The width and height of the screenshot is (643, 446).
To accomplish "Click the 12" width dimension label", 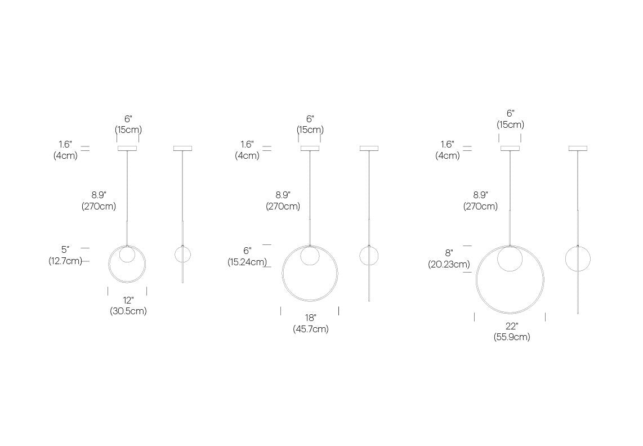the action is (128, 300).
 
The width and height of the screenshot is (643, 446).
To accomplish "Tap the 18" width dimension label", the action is (310, 318).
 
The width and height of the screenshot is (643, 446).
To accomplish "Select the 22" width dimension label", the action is (511, 326).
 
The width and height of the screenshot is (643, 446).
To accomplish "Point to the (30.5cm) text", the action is (128, 311).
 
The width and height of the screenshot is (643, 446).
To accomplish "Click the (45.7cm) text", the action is (310, 329).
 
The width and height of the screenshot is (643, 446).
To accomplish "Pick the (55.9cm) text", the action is (511, 337).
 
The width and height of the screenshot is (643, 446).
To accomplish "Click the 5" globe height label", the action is (65, 249).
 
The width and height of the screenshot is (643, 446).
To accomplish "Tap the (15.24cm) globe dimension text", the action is (247, 262).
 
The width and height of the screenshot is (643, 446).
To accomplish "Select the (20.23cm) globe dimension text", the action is (449, 264).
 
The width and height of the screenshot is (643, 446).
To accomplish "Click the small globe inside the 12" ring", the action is (127, 255).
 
